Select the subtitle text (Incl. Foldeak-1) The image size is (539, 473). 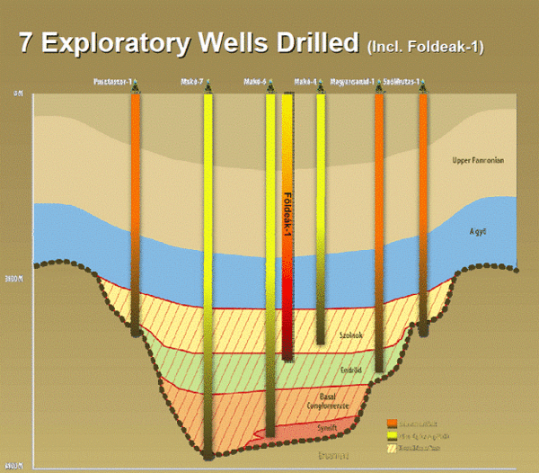point(425,46)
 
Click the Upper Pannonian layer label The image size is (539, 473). point(478,161)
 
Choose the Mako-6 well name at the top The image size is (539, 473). point(258,82)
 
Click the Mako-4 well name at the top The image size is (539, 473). point(307,82)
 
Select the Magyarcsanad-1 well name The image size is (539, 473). point(352,82)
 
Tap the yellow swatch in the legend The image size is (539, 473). point(393,434)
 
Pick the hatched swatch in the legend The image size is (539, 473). point(393,446)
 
